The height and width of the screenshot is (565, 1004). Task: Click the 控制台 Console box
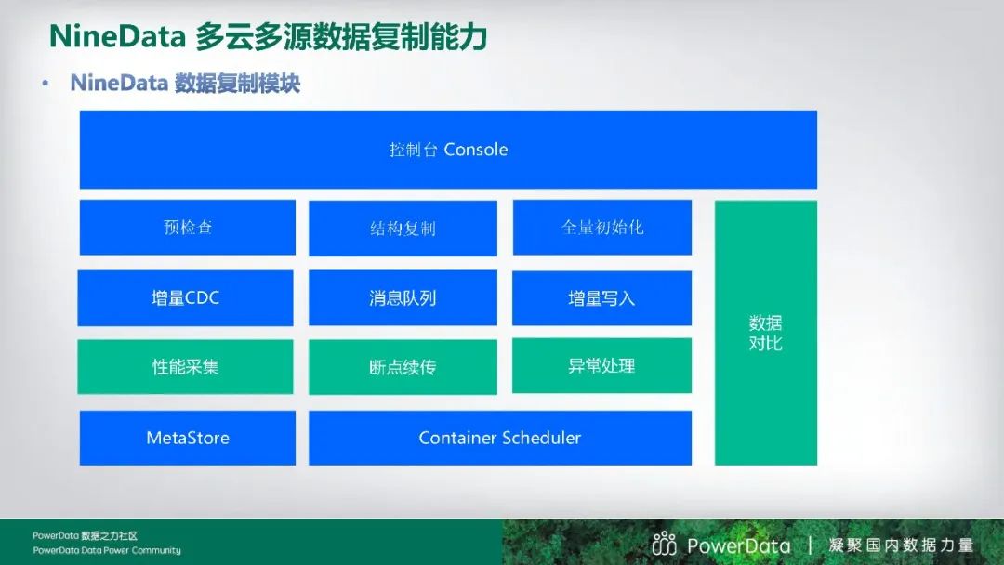point(448,150)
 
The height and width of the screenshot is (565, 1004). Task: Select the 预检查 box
point(188,227)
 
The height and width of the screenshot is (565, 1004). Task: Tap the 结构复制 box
point(403,229)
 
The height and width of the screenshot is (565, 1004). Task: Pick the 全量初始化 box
point(601,227)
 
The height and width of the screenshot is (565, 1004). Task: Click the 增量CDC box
point(186,297)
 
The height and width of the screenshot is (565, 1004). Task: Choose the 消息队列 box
point(403,297)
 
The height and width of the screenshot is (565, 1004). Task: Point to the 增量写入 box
point(601,298)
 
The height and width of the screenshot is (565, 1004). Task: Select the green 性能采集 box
point(186,367)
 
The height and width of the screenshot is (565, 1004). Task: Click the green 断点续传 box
point(403,367)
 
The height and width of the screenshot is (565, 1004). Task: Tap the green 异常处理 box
point(601,365)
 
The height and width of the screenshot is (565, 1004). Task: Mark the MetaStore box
point(188,438)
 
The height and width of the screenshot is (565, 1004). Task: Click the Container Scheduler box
point(500,438)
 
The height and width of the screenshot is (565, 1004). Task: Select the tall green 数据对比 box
point(766,333)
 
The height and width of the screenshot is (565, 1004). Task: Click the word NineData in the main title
point(117,36)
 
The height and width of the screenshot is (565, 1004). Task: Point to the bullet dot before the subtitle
point(45,84)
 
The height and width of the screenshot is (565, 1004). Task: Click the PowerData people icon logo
point(664,544)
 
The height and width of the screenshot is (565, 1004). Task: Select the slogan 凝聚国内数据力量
point(901,545)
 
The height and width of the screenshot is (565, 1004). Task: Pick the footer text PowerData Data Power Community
point(107,550)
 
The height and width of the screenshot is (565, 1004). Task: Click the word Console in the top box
point(476,150)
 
